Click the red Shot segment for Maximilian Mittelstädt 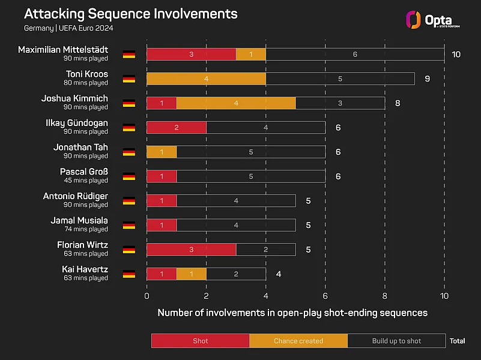[192, 54]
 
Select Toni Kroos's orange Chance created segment [207, 79]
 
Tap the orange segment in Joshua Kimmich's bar [236, 103]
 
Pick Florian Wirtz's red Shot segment [192, 250]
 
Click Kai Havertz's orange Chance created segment [192, 274]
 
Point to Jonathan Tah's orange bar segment [162, 152]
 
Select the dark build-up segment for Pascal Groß [251, 176]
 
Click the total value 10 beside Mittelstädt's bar [456, 55]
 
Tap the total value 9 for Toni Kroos [428, 79]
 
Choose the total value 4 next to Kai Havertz [279, 274]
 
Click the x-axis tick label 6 [325, 296]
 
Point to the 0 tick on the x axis [147, 296]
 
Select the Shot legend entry [201, 341]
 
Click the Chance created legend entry [298, 341]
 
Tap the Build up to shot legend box [397, 341]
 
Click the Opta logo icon [413, 20]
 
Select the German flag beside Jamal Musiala [129, 226]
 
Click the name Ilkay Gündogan [77, 123]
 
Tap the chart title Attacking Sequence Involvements [131, 14]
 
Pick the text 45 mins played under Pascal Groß [86, 181]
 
